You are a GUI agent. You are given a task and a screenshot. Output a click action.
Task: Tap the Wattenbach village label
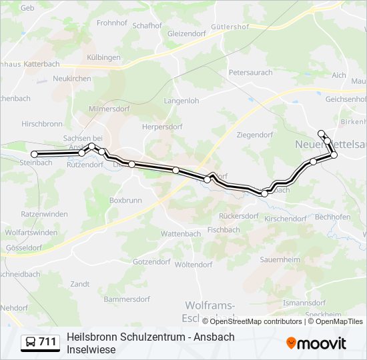point(181,234)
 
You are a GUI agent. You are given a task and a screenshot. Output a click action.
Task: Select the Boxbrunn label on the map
point(125,199)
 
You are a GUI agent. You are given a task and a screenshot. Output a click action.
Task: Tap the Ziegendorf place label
point(255,135)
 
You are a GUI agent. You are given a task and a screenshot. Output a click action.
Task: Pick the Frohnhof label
point(112,23)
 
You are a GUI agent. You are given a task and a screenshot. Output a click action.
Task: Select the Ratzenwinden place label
point(45,214)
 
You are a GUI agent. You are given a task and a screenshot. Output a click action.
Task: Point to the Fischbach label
point(224,230)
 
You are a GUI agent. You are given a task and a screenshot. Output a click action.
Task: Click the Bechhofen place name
point(332,217)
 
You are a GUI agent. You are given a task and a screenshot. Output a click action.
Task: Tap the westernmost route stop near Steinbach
point(34,154)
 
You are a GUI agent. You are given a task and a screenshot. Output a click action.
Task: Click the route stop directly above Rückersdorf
point(264,193)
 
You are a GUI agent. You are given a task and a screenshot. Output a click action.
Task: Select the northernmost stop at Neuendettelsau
point(321,133)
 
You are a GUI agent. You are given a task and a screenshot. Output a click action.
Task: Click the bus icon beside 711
point(31,342)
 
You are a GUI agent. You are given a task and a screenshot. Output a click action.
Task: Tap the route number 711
point(48,342)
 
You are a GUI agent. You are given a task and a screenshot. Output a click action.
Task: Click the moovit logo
point(316,343)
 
